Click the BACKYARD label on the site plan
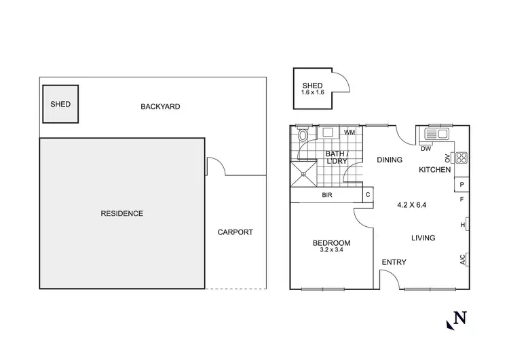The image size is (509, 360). (x=160, y=107)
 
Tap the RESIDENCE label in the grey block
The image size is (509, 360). (x=122, y=213)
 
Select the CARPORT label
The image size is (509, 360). (x=235, y=232)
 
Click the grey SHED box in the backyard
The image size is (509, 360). (x=60, y=104)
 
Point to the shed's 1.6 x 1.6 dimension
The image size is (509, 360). (x=314, y=92)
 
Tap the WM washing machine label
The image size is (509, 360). (x=350, y=132)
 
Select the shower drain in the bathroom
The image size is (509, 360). (x=304, y=174)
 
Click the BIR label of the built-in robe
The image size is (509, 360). (x=326, y=196)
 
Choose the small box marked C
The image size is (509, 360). (x=367, y=196)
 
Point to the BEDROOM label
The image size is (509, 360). (x=331, y=243)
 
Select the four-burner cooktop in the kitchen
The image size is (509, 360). (x=461, y=159)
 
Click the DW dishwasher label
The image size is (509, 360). (x=426, y=148)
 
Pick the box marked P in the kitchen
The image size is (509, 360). (x=461, y=184)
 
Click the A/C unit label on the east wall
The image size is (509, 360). (x=463, y=259)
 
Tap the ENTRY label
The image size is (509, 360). (x=394, y=263)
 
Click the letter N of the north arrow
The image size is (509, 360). (x=461, y=317)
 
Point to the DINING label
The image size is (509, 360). (x=390, y=160)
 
